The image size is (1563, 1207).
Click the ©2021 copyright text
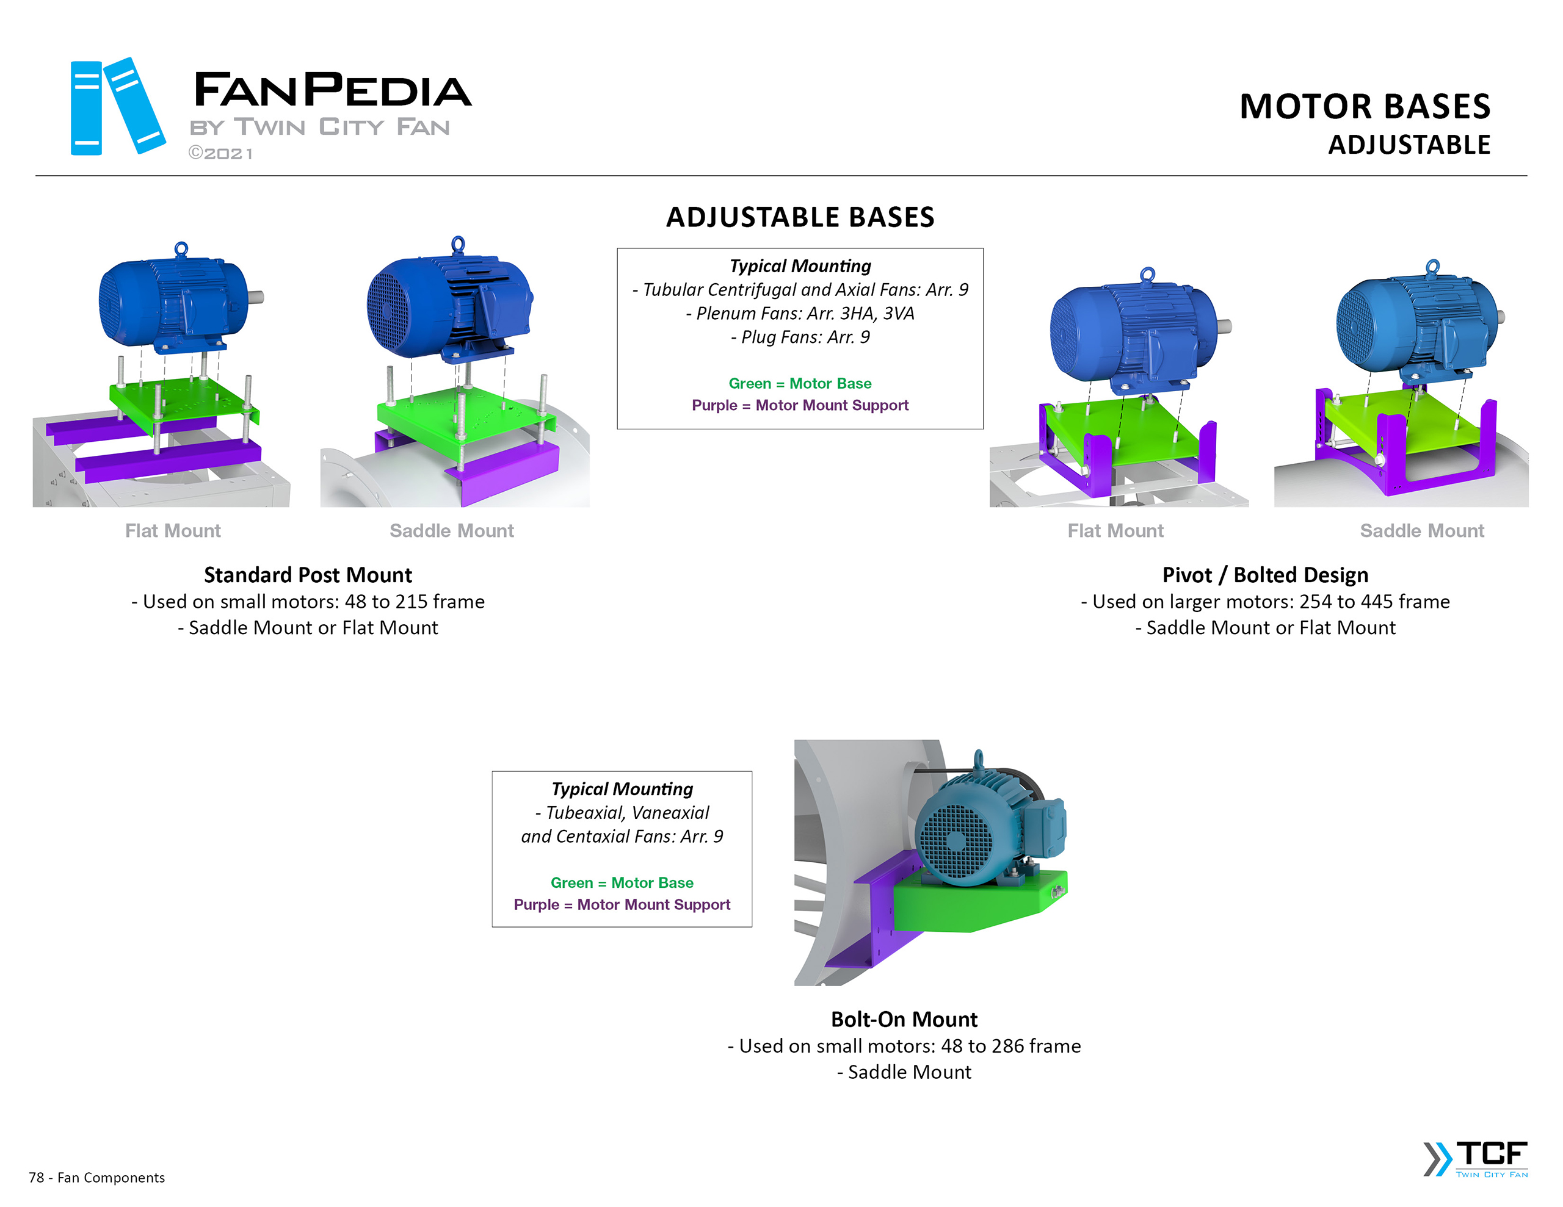tap(220, 153)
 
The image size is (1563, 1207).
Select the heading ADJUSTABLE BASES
tap(799, 217)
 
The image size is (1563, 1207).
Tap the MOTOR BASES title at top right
tap(1364, 107)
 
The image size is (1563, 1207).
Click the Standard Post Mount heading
tap(308, 575)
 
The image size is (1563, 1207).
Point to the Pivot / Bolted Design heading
tap(1264, 575)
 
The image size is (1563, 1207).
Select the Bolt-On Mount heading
tap(904, 1019)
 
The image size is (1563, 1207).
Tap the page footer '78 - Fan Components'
tap(96, 1178)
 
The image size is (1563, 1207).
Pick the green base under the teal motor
tap(973, 905)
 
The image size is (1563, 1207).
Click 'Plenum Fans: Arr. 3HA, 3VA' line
tap(799, 314)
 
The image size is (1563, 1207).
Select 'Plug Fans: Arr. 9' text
tap(799, 337)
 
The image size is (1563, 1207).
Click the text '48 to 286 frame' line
tap(904, 1046)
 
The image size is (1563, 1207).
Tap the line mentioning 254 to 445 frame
tap(1264, 602)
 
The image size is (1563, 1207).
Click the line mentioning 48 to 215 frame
tap(308, 602)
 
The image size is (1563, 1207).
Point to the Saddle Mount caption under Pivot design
tap(1421, 531)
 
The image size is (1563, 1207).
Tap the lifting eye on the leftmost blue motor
tap(181, 248)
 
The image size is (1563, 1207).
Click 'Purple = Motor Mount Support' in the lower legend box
tap(622, 904)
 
